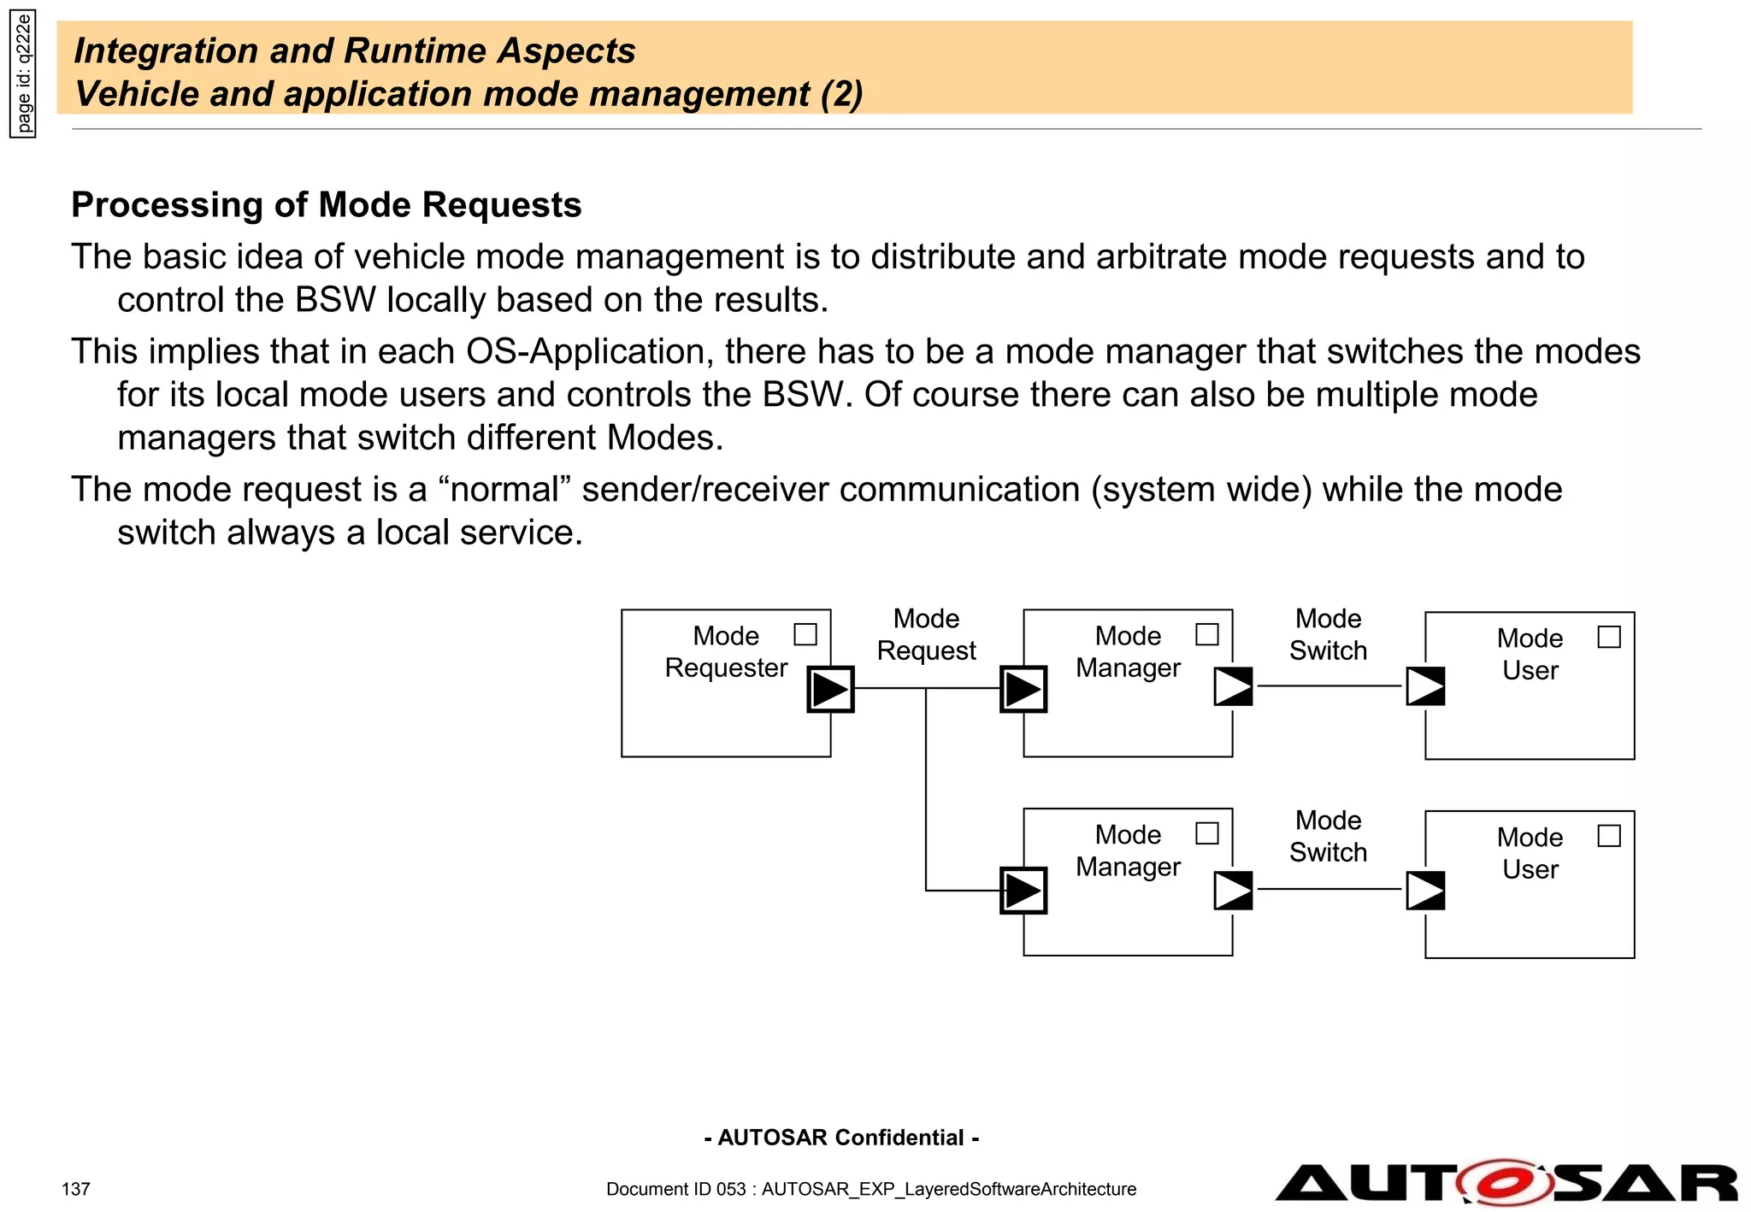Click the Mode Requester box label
click(726, 651)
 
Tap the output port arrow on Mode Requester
click(830, 689)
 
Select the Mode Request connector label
click(926, 634)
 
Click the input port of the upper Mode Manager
click(1023, 689)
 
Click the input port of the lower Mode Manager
click(1023, 891)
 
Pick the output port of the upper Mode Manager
click(1233, 686)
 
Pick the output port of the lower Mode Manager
click(1233, 890)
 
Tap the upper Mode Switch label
click(1328, 634)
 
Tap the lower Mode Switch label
click(1328, 836)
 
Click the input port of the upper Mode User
click(1425, 686)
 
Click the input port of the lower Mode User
click(1425, 890)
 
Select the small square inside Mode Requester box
click(805, 634)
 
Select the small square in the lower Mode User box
click(1608, 835)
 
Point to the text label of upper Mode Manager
click(1128, 651)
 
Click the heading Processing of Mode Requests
click(326, 205)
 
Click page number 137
click(75, 1189)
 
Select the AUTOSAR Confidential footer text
click(841, 1138)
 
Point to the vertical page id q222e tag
click(23, 74)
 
